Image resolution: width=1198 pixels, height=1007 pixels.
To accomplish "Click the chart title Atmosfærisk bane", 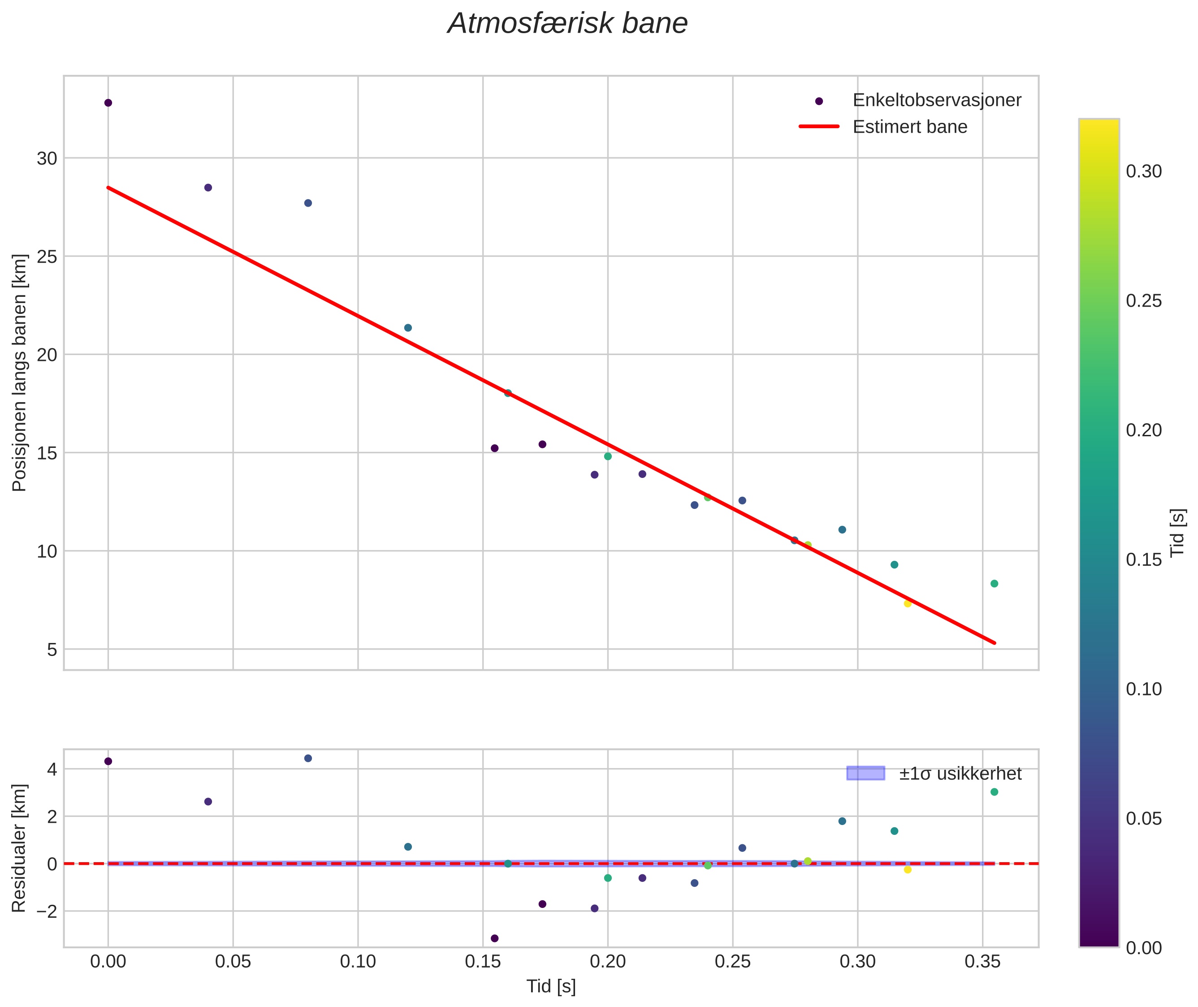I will tap(567, 24).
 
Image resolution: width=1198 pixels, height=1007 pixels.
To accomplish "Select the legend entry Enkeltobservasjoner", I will tap(936, 100).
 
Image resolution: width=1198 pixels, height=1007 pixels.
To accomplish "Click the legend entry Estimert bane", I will tap(909, 127).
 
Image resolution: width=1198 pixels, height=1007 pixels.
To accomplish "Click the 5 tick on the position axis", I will tap(52, 650).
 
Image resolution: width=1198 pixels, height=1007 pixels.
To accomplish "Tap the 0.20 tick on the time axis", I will tap(607, 962).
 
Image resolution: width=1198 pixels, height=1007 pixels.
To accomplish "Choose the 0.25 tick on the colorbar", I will tap(1143, 301).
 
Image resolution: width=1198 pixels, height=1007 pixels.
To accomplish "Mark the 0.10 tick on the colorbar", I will tap(1143, 689).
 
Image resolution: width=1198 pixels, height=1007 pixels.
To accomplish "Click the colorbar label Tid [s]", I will tap(1177, 533).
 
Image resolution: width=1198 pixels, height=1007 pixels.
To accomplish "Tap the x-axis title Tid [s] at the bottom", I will tap(551, 986).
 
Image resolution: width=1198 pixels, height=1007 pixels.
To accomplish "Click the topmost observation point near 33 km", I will tap(108, 103).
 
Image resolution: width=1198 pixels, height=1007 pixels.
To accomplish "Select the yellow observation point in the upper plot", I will tap(908, 603).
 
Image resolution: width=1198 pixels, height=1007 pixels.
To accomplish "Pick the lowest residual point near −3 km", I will tap(494, 938).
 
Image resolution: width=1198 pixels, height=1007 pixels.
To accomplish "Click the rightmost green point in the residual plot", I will tap(994, 792).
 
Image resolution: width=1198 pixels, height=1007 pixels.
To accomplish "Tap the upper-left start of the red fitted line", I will tap(108, 187).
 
